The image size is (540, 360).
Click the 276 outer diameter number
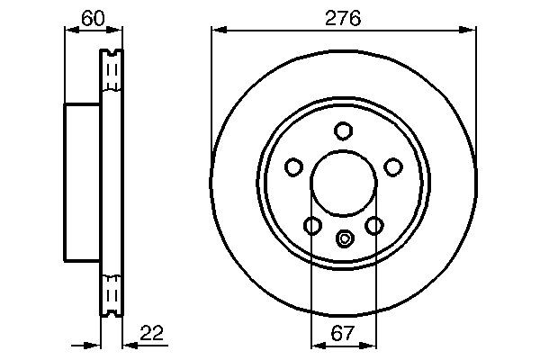(342, 17)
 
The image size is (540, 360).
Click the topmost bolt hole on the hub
(343, 130)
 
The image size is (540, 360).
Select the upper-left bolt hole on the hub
(292, 166)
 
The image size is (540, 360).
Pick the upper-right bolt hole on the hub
(393, 166)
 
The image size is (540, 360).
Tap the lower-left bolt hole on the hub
(311, 225)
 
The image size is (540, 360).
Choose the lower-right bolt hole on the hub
(374, 225)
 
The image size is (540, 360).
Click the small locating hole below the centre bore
(343, 238)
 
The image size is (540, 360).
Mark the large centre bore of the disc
(343, 184)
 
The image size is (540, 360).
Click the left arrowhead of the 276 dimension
(217, 30)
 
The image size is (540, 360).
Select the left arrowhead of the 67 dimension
(316, 346)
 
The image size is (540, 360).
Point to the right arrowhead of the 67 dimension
(370, 346)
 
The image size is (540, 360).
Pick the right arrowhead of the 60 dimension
(115, 30)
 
